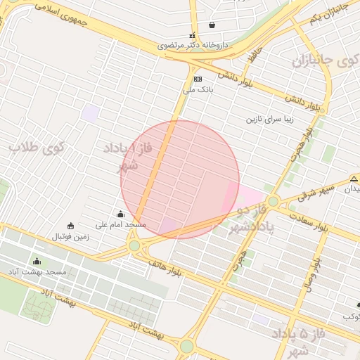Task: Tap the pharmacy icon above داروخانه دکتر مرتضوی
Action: tap(192, 35)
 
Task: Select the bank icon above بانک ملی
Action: tap(198, 79)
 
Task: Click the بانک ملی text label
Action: tap(198, 89)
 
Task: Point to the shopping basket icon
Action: tap(212, 25)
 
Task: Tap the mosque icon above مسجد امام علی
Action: tap(120, 214)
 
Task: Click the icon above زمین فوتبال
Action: tap(70, 226)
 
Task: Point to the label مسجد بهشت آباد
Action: tap(37, 271)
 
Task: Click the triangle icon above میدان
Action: tap(354, 179)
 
